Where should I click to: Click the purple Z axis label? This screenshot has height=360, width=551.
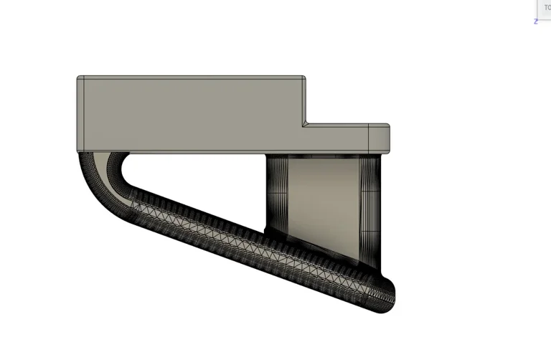point(536,22)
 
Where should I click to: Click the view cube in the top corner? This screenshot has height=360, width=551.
point(544,8)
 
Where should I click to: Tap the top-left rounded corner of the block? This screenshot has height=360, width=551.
point(79,77)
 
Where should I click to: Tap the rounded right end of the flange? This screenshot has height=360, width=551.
point(388,138)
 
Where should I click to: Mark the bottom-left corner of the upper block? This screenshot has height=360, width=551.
point(78,151)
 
